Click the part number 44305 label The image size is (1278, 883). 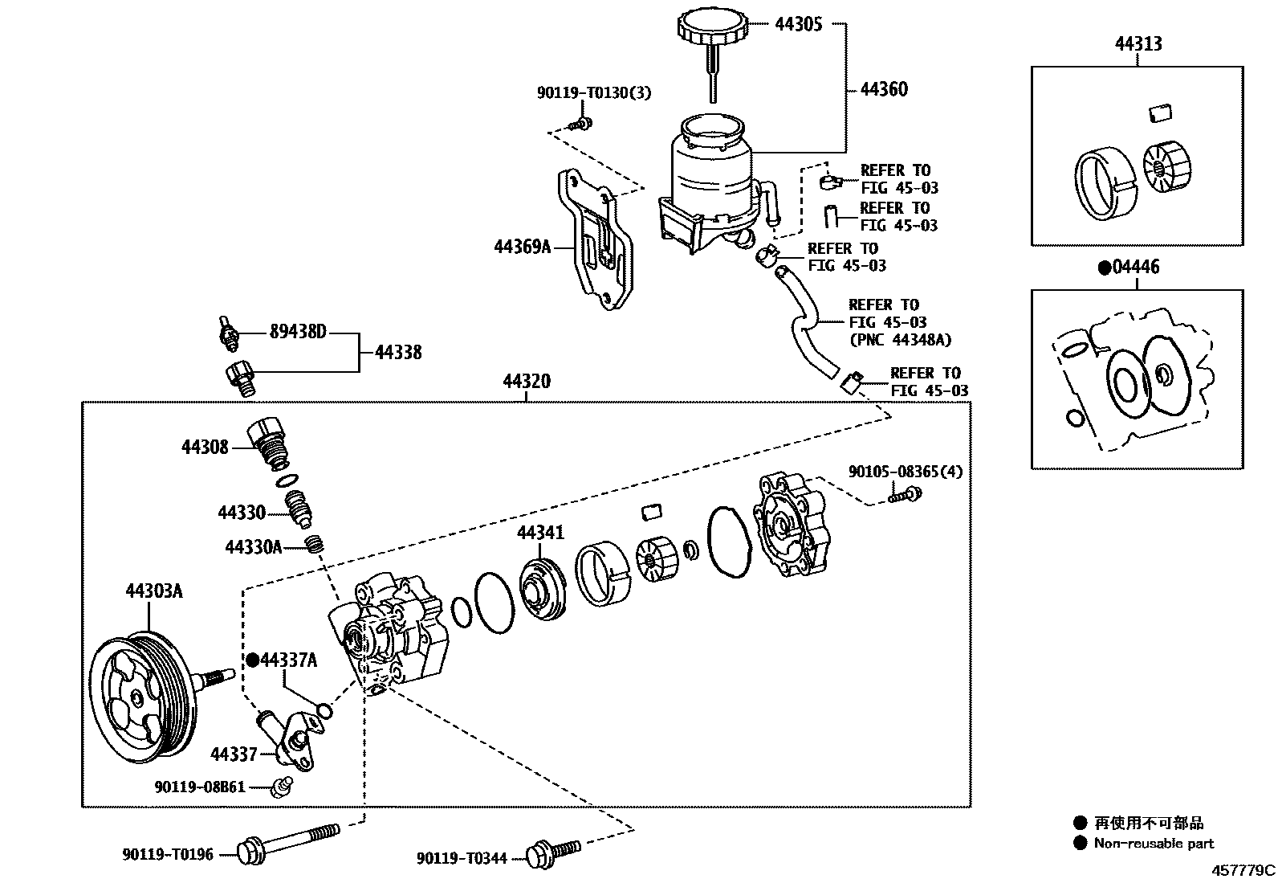(x=798, y=25)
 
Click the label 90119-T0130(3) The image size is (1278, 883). (x=594, y=93)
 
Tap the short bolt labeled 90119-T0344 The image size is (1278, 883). (x=553, y=852)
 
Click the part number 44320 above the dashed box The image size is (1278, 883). (x=527, y=381)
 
